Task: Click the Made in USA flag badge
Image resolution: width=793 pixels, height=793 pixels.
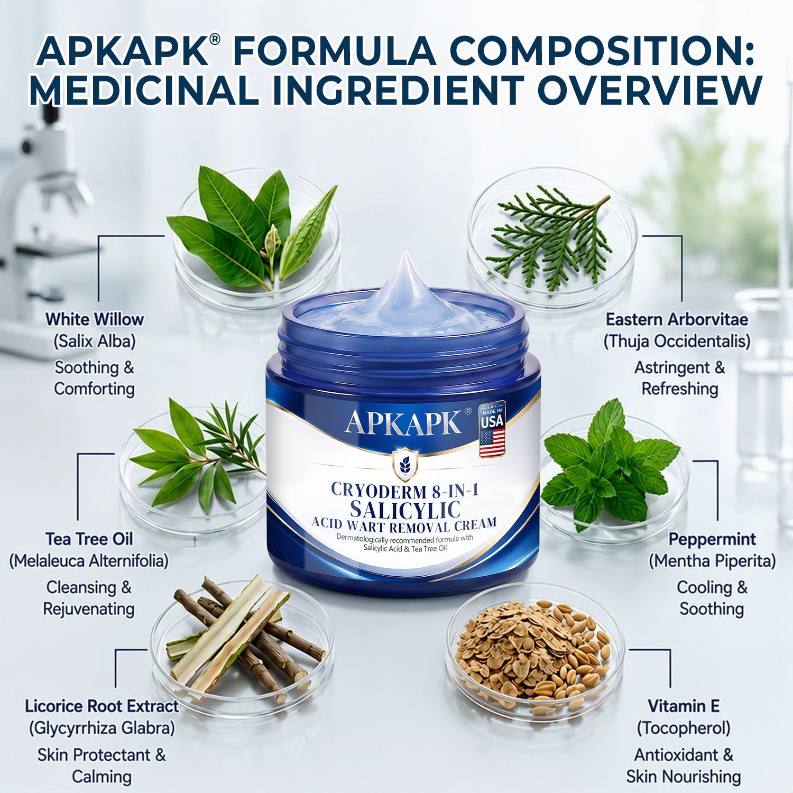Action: tap(492, 429)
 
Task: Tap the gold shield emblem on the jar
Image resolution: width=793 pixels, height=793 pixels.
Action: tap(405, 465)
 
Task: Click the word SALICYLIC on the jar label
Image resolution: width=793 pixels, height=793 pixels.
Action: tap(405, 510)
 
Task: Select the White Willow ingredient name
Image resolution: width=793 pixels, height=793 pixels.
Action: tap(95, 319)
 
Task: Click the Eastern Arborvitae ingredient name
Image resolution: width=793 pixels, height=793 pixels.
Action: tap(677, 319)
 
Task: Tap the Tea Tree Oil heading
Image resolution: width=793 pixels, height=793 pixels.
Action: tap(89, 539)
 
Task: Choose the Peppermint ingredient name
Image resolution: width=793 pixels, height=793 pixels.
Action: tap(712, 539)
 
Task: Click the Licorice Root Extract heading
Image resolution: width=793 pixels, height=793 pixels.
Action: tap(102, 706)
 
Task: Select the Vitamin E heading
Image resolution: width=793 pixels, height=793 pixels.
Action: tap(684, 706)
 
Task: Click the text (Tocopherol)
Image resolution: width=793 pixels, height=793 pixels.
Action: tap(684, 729)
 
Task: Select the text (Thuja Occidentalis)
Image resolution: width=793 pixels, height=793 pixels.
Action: tap(677, 342)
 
